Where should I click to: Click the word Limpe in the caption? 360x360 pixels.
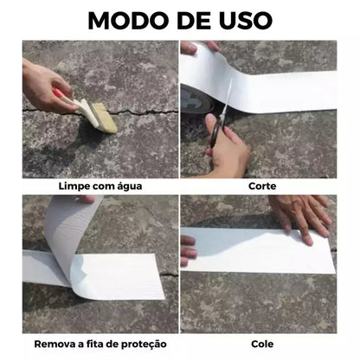pos(74,186)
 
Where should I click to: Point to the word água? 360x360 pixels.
pos(125,186)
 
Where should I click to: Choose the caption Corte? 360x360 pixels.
pos(262,186)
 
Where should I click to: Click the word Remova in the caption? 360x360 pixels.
pos(57,343)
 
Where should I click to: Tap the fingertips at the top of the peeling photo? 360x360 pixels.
pos(87,199)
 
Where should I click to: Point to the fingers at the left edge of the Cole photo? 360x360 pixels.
pos(188,251)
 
